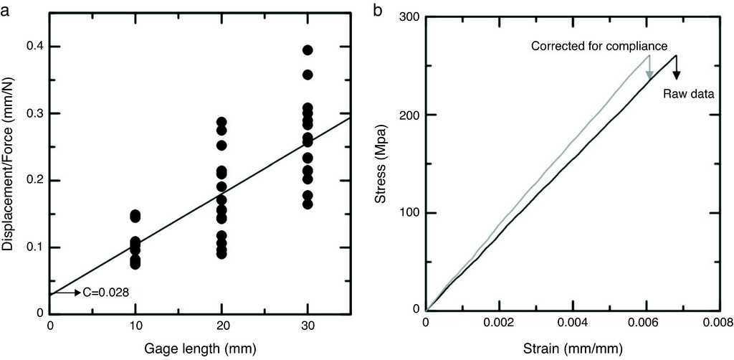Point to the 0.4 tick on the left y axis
(x=32, y=47)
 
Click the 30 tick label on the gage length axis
(x=308, y=326)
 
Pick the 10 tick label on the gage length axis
(x=135, y=326)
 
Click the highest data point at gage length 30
(x=308, y=50)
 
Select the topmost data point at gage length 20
(x=221, y=123)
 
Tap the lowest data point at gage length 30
(x=308, y=204)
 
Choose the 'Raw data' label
(x=687, y=93)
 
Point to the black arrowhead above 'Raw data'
(x=676, y=75)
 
